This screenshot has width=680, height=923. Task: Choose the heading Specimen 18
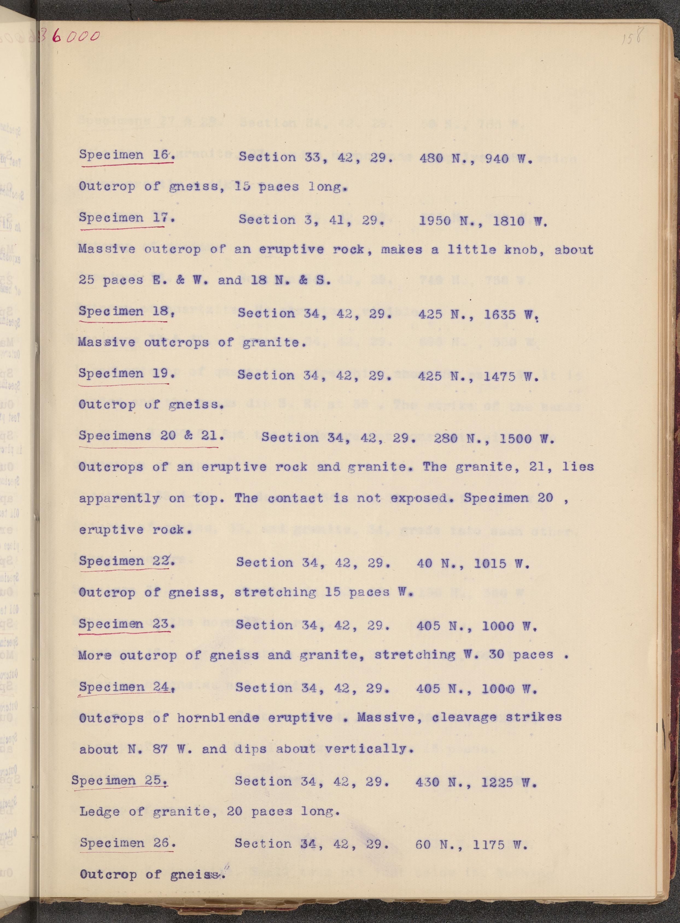(x=124, y=311)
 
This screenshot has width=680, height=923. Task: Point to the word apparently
(x=119, y=499)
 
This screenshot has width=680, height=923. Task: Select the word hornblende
(x=218, y=718)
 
